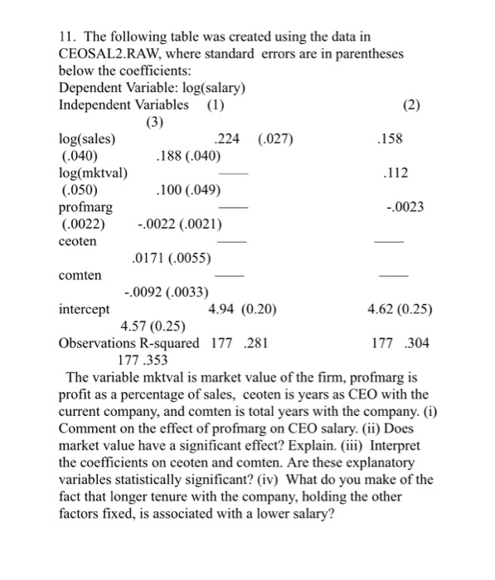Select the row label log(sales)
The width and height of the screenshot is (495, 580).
88,138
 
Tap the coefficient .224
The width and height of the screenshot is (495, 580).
227,138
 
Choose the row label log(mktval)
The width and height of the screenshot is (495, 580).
94,172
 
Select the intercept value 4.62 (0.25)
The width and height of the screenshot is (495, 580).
400,309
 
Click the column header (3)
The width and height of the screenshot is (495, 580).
155,122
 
